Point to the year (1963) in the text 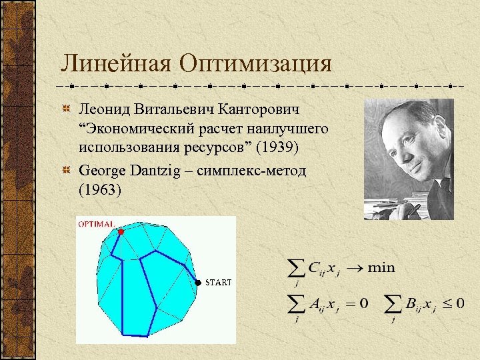click(100, 189)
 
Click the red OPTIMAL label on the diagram click(97, 224)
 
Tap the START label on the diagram click(219, 283)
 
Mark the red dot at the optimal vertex click(121, 232)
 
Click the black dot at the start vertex click(198, 283)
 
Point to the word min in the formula click(381, 268)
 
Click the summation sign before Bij click(395, 304)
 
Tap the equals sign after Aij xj click(349, 304)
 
